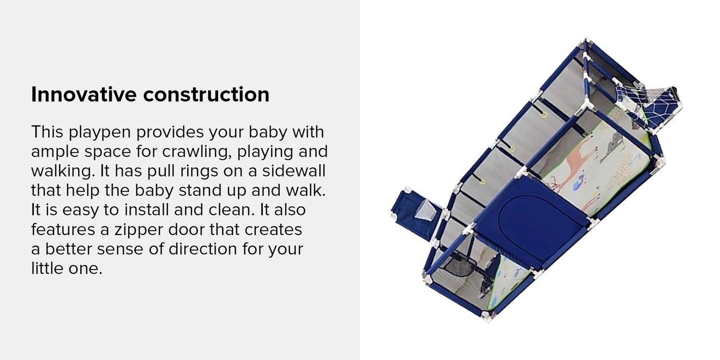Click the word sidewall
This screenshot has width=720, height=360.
click(x=294, y=171)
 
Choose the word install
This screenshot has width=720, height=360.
click(x=147, y=210)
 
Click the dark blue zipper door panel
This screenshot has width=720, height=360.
click(x=530, y=222)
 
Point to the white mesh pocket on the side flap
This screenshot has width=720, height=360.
click(x=426, y=209)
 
